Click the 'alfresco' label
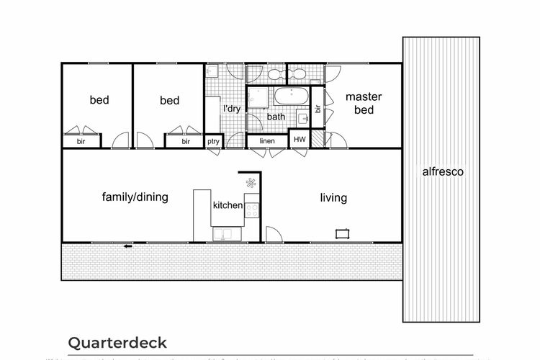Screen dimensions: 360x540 442,172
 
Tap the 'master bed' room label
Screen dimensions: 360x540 364,103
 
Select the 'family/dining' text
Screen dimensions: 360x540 135,197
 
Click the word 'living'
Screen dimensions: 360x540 333,198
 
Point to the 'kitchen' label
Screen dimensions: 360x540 228,205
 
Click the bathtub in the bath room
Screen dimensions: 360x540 290,96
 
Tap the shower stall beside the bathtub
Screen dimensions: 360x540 257,97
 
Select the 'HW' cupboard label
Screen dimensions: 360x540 300,140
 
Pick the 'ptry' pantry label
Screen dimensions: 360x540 213,141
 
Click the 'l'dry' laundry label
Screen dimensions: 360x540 231,109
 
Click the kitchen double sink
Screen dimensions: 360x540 226,234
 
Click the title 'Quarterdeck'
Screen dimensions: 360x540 117,341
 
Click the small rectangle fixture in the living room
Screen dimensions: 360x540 343,233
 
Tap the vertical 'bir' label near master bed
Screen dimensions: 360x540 317,109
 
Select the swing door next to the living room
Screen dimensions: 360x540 273,235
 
